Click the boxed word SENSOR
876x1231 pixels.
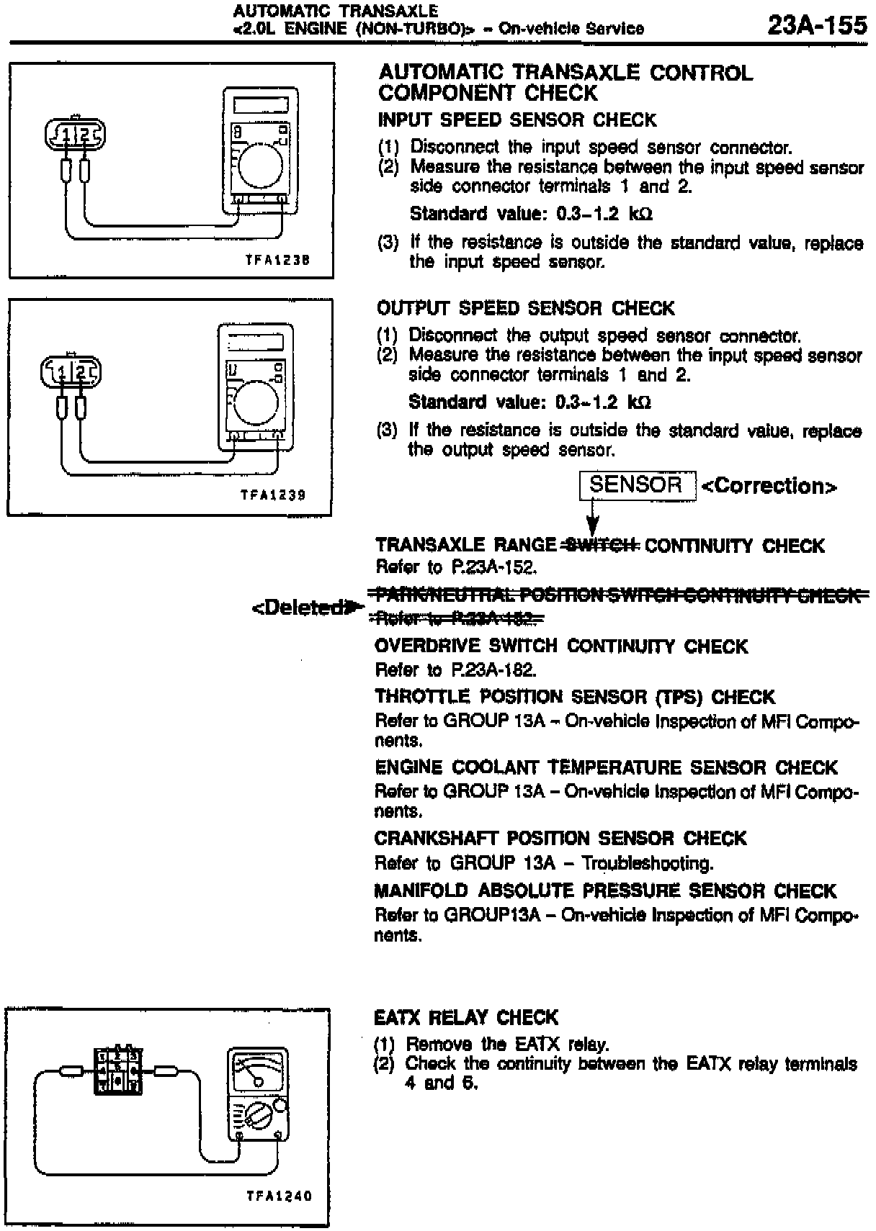[636, 485]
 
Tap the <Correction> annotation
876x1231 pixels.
[769, 487]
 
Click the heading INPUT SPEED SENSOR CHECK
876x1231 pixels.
[517, 120]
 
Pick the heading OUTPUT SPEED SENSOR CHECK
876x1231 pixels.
[525, 308]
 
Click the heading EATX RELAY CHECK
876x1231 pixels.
[466, 1017]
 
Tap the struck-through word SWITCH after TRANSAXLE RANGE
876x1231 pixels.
[601, 546]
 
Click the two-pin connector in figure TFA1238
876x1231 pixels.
[75, 134]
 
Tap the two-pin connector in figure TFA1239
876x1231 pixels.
[71, 371]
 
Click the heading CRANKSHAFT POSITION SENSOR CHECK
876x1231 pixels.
[560, 838]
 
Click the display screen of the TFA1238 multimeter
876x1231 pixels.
[261, 106]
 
